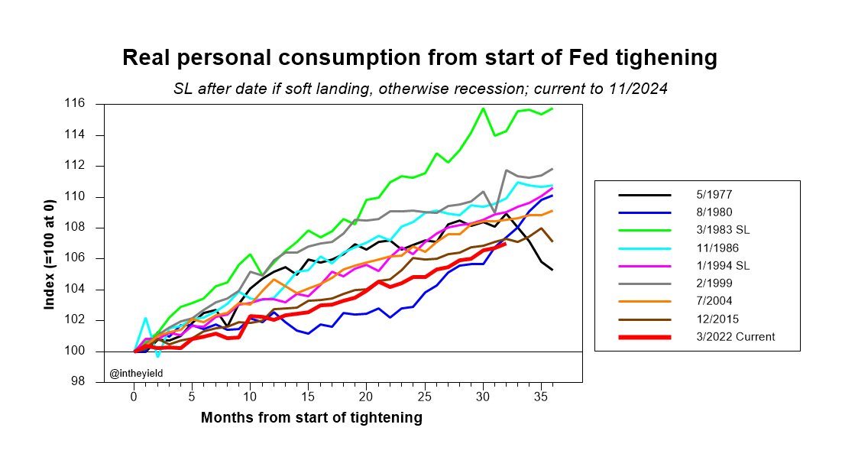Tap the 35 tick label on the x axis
click(539, 397)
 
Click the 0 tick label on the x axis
click(134, 397)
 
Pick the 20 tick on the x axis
click(366, 397)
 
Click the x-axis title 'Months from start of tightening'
click(311, 418)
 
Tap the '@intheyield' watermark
click(136, 373)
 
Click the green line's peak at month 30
click(483, 109)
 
